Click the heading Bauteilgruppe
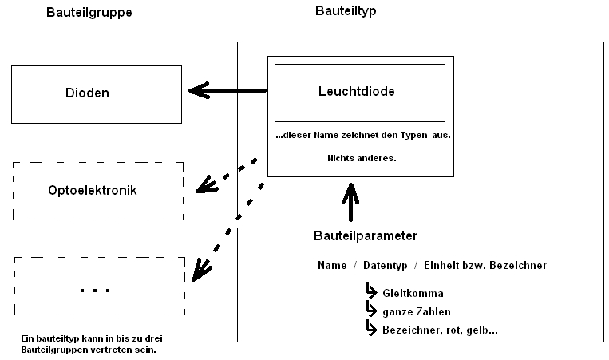[89, 13]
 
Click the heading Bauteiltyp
[346, 11]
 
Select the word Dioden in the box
[87, 93]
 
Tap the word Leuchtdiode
[356, 92]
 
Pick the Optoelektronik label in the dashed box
[92, 191]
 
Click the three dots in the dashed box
[96, 288]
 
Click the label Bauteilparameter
[365, 236]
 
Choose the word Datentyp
[385, 264]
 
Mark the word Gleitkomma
[412, 293]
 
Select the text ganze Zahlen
[416, 311]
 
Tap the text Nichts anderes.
[362, 158]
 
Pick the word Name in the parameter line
[331, 264]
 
